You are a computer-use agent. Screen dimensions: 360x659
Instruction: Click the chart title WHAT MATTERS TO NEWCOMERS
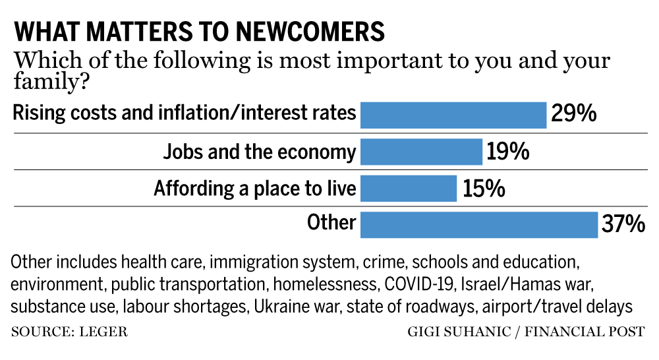tap(198, 32)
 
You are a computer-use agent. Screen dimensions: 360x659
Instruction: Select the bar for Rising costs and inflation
tap(453, 115)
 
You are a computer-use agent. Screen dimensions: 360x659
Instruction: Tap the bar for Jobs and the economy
tap(421, 152)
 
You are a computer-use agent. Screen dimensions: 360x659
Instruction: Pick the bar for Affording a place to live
tap(409, 189)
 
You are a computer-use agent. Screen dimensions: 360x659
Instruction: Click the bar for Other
tap(478, 224)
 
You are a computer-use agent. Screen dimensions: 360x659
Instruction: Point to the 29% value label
tap(573, 114)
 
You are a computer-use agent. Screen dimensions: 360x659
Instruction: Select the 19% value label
tap(508, 152)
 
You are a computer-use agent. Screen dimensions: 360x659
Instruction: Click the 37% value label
tap(623, 225)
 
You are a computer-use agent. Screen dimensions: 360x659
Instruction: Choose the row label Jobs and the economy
tap(260, 152)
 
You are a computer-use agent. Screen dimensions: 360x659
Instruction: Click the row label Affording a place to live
tap(255, 189)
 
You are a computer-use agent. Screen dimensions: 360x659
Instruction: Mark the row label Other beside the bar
tap(331, 223)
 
